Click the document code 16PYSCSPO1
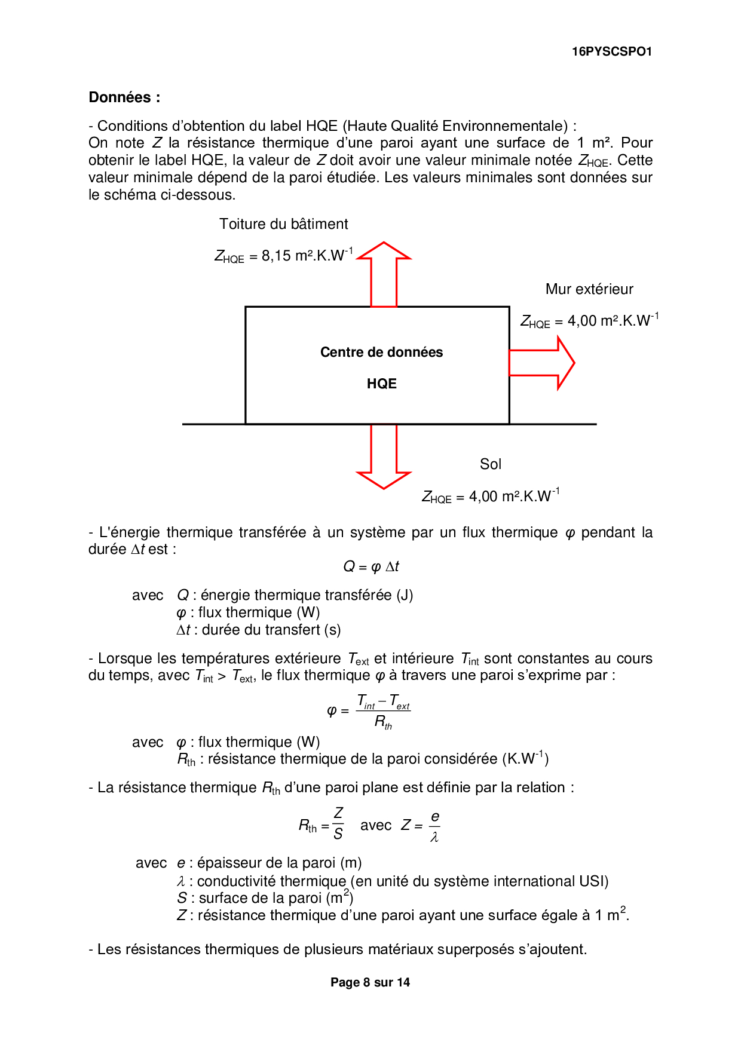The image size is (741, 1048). coord(611,52)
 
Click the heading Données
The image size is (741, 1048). coord(124,97)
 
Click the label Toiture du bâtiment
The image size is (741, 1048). coord(283,224)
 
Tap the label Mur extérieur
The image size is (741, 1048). coord(589,289)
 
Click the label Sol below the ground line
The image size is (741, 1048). coord(491,464)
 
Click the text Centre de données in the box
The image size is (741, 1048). coord(381,353)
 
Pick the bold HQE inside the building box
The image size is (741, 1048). coord(382,384)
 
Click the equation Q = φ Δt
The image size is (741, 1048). coord(370,566)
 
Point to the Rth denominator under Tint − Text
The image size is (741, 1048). coord(383,722)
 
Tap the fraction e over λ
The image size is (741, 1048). coord(434,826)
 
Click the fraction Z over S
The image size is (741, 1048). coord(338,823)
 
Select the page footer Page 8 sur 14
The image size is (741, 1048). coord(370,982)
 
